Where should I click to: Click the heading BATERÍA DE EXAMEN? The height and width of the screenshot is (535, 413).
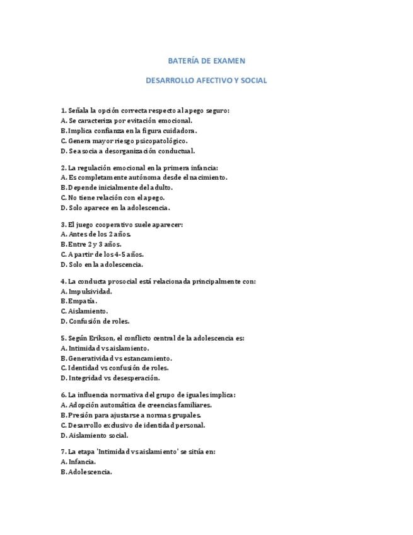click(x=206, y=61)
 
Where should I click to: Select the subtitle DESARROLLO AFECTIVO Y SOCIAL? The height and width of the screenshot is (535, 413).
click(x=206, y=81)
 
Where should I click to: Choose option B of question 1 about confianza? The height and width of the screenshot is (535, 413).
click(x=129, y=131)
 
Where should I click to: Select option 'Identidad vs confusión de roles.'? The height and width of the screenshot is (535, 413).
click(x=124, y=368)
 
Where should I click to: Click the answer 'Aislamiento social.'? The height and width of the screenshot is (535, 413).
click(x=95, y=435)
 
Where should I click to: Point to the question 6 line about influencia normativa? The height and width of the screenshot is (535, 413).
click(x=148, y=395)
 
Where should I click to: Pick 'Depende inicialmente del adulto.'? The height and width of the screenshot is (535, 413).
click(x=116, y=187)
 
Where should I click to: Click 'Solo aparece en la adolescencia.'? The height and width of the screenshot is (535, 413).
click(x=115, y=208)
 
